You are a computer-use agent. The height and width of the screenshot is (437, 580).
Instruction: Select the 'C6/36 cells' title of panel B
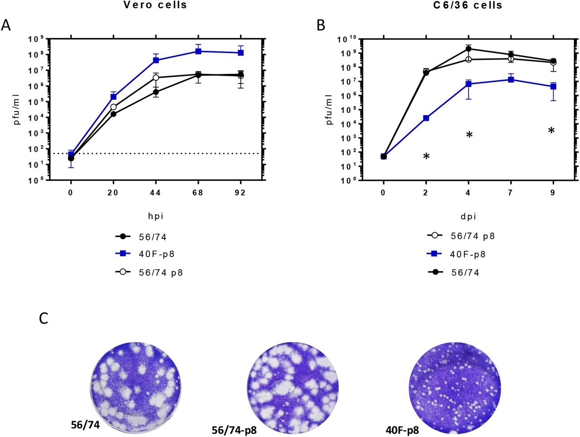coord(468,5)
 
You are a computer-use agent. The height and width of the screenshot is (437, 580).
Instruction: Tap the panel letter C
coord(43,318)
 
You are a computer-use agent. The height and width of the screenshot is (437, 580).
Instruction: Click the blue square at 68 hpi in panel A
coord(198,51)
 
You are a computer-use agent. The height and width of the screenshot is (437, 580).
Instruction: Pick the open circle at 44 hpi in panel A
coord(156,78)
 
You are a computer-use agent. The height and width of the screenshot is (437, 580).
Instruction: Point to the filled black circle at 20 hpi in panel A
coord(113,114)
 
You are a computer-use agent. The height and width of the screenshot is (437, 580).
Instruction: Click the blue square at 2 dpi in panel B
coord(426,118)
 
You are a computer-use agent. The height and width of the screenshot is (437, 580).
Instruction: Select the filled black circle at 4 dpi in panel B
coord(468,49)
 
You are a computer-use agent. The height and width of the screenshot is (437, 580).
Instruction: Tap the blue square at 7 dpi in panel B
coord(511,80)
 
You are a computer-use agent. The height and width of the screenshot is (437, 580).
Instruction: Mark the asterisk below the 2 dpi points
coord(426,157)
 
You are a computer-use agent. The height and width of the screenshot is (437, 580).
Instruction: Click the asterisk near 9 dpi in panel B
coord(551,131)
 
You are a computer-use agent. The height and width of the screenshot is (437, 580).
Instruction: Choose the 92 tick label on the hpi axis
coord(240,193)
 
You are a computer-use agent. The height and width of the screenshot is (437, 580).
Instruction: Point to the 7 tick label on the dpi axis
coord(511,193)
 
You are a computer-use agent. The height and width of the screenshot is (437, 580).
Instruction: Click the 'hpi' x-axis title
coord(156,216)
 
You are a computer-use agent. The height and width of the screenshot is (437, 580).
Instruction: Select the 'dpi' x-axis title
coord(468,216)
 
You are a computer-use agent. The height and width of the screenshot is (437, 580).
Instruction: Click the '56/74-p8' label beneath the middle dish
coord(234,430)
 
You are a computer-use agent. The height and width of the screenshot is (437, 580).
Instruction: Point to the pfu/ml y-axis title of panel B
coord(329,109)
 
